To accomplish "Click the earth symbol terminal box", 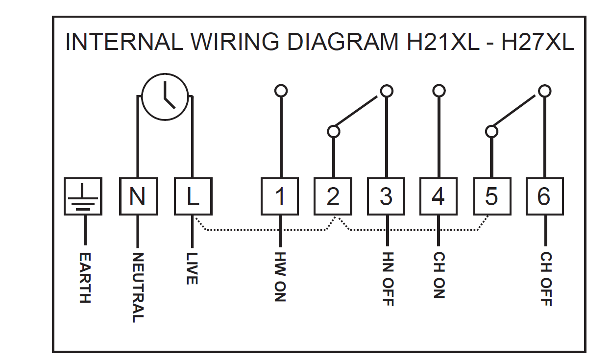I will click(83, 196).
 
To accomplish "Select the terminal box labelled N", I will click(138, 196).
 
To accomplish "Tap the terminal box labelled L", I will click(193, 196).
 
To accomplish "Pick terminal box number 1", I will click(280, 196).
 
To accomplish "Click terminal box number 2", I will click(333, 196).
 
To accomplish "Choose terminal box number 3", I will click(386, 196).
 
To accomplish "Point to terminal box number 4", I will click(439, 196).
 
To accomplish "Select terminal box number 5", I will click(491, 196).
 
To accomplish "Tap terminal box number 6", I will click(544, 196).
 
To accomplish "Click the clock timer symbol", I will click(165, 96).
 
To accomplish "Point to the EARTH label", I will click(85, 278).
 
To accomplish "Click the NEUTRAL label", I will click(138, 288).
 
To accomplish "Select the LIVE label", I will click(192, 268).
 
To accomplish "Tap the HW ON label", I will click(280, 277).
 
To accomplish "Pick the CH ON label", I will click(439, 276).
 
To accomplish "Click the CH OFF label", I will click(545, 279).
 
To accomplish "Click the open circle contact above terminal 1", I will click(281, 91).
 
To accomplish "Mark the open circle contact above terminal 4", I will click(439, 91).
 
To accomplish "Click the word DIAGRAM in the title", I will click(343, 42).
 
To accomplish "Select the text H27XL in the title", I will click(537, 42).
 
